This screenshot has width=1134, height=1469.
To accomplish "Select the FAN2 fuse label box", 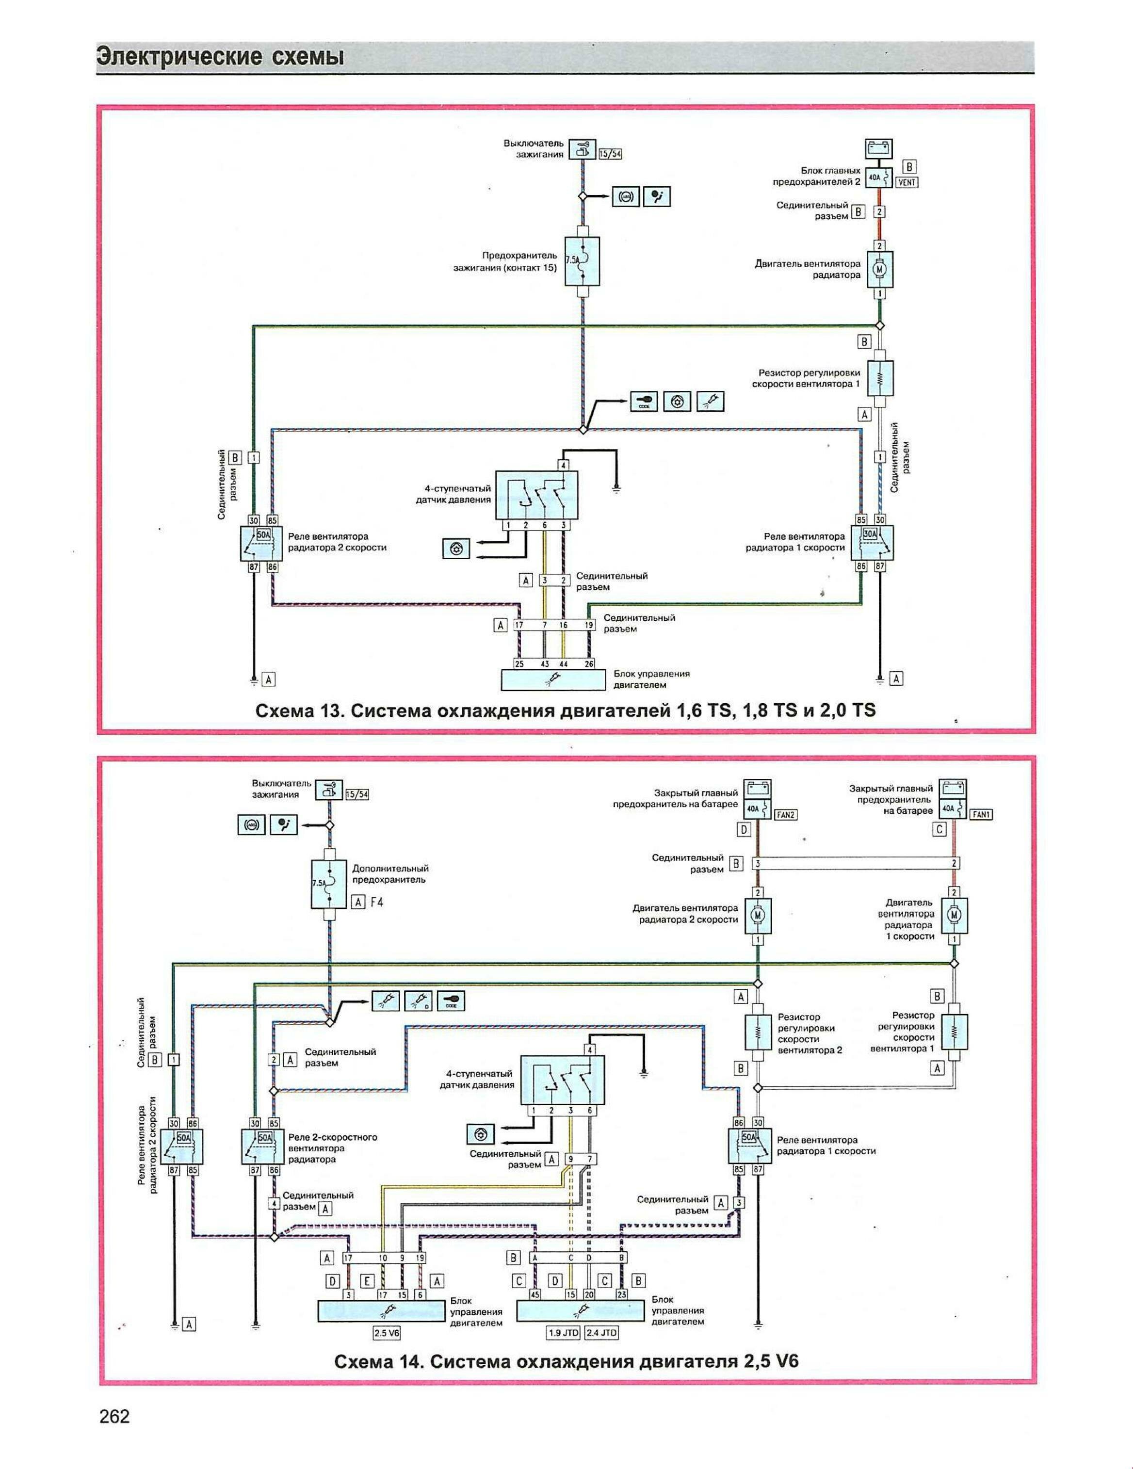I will (x=786, y=815).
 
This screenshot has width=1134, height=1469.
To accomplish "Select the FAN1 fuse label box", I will (x=981, y=815).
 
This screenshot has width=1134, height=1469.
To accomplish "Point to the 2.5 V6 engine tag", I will (x=387, y=1332).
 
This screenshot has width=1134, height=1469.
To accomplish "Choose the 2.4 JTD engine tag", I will (x=601, y=1332).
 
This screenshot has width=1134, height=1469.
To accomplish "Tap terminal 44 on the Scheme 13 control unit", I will (x=563, y=664).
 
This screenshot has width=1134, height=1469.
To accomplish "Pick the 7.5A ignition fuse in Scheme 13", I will (x=583, y=260).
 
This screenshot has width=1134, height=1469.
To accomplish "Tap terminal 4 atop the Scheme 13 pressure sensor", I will (x=564, y=465).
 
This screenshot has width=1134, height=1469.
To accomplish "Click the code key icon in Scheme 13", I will (x=644, y=401).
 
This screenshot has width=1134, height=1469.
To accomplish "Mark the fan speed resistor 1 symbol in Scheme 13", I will (x=879, y=379).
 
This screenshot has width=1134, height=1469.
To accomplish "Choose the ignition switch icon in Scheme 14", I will (x=329, y=789).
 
